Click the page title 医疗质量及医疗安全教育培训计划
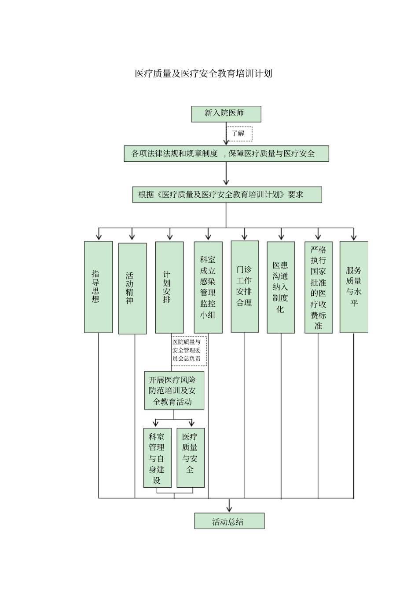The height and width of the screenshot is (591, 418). coord(203,74)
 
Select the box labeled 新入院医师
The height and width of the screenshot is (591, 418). coord(226,114)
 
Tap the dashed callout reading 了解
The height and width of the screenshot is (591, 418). coord(239,134)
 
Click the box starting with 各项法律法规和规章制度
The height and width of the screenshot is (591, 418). coord(226,154)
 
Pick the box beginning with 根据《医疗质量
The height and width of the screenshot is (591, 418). coord(227,195)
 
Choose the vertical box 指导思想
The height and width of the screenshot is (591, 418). coord(98,287)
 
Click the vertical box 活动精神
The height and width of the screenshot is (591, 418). coord(132,288)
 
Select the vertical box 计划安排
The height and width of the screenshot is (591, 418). coord(169,287)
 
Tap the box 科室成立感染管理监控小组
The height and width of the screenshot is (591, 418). coord(208,287)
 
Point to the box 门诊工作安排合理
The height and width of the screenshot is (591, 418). coord(245,286)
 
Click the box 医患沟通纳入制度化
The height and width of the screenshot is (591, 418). coord(280,287)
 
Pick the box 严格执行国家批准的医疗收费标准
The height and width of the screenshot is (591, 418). coord(318,287)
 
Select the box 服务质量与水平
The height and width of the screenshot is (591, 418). coord(353,287)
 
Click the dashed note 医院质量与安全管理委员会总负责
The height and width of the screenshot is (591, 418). coord(188,351)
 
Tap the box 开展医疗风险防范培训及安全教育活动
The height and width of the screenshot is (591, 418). coord(174,391)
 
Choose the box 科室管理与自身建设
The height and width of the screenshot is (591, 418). coord(157,458)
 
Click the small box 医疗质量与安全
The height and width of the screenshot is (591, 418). coord(190,458)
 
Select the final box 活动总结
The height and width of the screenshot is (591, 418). coord(229,521)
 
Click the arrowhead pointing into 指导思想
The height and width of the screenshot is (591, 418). coord(99,237)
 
